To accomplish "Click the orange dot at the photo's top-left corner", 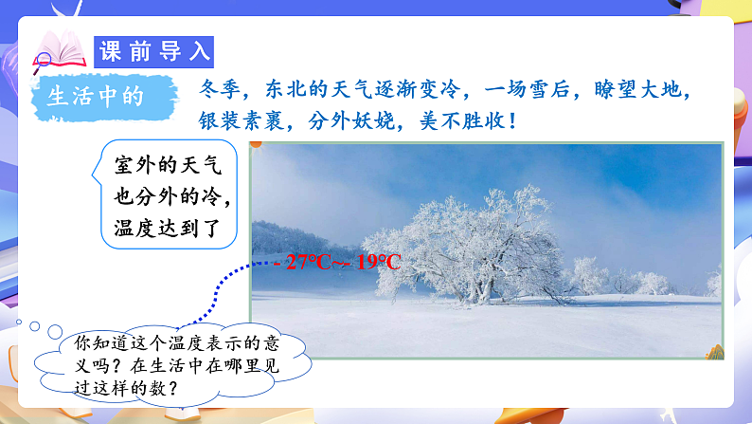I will [255, 145].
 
